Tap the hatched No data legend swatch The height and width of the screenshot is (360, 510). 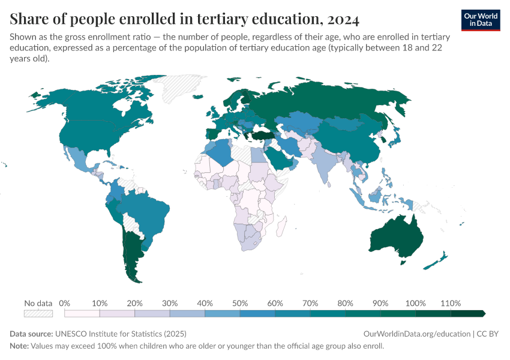[x=38, y=313]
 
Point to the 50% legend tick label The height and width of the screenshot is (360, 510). [x=240, y=303]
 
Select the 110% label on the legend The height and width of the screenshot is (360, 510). [x=450, y=303]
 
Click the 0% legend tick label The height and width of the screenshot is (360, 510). [x=65, y=303]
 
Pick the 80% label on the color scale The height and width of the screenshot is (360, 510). [x=345, y=303]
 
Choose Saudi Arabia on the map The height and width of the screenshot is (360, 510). [x=280, y=158]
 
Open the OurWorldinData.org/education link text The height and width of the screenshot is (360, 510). [x=417, y=334]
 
